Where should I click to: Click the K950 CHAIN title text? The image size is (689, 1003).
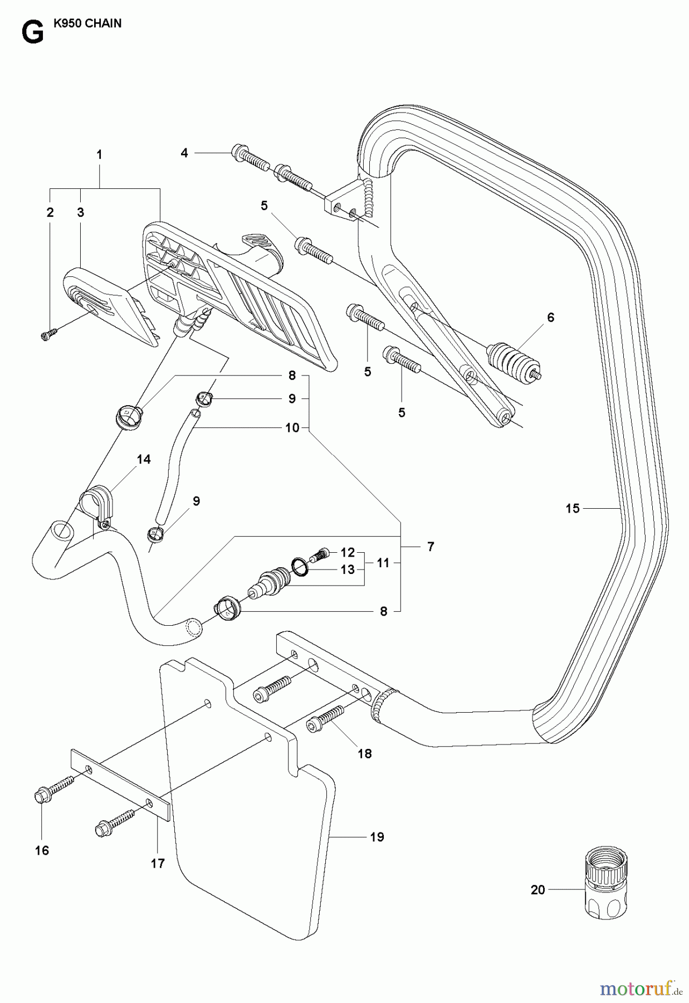pyautogui.click(x=87, y=24)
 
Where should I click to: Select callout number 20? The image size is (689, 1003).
pyautogui.click(x=537, y=890)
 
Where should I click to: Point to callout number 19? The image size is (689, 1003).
pyautogui.click(x=377, y=837)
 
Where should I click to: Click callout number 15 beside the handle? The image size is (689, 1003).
pyautogui.click(x=573, y=508)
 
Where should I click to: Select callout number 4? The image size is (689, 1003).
pyautogui.click(x=184, y=152)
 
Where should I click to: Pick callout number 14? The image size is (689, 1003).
pyautogui.click(x=143, y=459)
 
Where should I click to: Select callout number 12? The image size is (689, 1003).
pyautogui.click(x=348, y=552)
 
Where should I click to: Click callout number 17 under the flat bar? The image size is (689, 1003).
pyautogui.click(x=158, y=863)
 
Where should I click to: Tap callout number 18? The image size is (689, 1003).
pyautogui.click(x=365, y=753)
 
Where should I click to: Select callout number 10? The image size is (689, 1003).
pyautogui.click(x=292, y=427)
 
